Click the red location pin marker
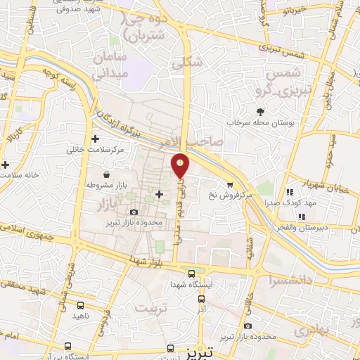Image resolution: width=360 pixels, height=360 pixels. (x=181, y=165)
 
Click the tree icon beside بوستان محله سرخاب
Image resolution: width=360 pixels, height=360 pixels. (x=260, y=111)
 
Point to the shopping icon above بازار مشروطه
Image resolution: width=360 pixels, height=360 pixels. (x=105, y=174)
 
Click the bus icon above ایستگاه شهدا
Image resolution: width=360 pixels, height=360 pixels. (x=192, y=274)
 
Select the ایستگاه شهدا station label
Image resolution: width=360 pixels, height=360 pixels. (x=191, y=285)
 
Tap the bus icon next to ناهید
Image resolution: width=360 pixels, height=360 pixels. (x=80, y=306)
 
